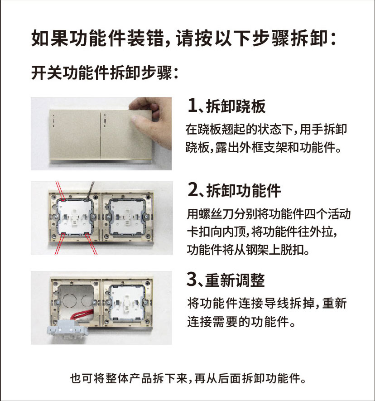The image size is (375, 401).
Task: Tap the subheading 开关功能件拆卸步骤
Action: (x=105, y=73)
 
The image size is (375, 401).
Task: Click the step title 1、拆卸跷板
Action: (x=226, y=106)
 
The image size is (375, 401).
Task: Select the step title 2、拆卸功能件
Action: (x=234, y=190)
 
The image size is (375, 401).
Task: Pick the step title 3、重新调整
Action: (x=226, y=280)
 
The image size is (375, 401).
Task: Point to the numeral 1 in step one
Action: (x=192, y=106)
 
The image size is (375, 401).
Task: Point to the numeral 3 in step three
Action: (x=191, y=280)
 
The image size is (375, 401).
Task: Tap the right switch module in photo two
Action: (x=127, y=217)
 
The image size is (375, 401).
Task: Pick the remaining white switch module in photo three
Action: (x=127, y=303)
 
